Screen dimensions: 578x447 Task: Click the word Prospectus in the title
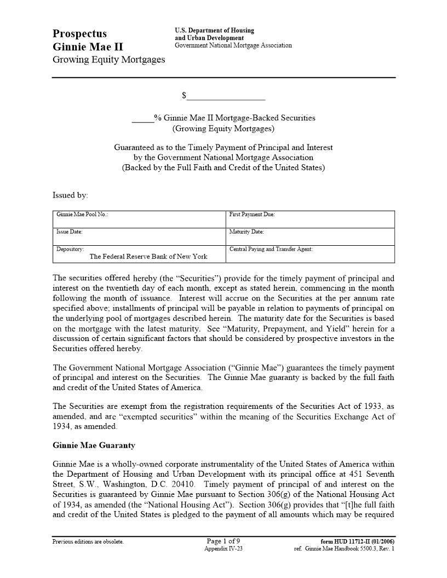79,34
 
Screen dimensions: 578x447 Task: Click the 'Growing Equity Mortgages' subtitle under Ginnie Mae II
108,60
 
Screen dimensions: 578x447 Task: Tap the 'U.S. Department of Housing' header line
214,31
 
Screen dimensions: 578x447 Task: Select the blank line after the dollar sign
226,96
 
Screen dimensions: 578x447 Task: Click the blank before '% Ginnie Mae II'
142,118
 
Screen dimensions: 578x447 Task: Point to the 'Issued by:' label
70,195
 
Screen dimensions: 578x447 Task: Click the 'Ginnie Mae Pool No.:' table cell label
82,215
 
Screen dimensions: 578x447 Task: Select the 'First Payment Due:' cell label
251,215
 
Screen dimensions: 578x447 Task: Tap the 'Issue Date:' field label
70,232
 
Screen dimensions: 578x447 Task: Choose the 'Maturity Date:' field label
247,232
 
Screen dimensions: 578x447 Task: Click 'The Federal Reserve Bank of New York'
148,256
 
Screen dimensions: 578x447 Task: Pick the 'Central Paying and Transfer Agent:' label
271,249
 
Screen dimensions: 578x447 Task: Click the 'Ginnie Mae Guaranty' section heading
94,446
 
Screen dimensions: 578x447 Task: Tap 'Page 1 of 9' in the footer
223,541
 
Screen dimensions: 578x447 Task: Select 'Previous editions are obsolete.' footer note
88,542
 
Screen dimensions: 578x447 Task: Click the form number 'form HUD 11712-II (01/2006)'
357,542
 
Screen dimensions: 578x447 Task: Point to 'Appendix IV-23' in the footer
223,548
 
